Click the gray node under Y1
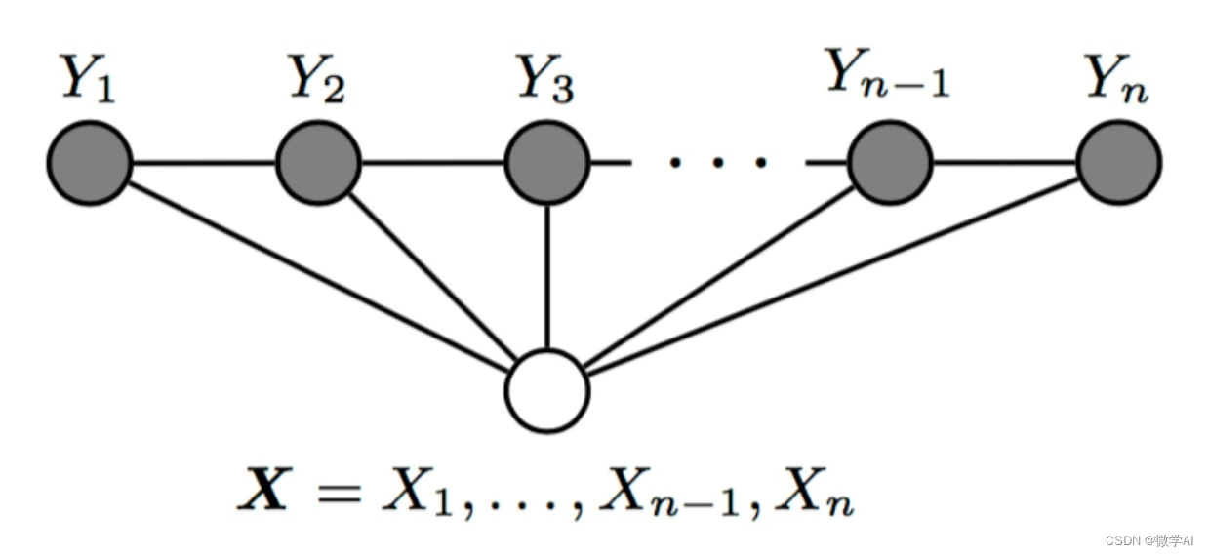(x=89, y=162)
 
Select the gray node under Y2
(x=319, y=162)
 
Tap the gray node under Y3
(x=546, y=162)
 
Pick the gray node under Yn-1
(x=890, y=162)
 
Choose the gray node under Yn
(x=1119, y=162)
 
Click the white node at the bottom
(x=546, y=390)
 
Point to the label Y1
(x=89, y=81)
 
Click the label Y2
(x=318, y=81)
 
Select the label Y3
(x=545, y=81)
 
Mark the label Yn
(x=1118, y=81)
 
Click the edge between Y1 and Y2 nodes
(x=204, y=162)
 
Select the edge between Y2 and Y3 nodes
(x=432, y=162)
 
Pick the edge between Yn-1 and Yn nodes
(x=1004, y=162)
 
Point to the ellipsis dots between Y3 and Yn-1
(x=716, y=162)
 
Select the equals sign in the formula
(x=337, y=493)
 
